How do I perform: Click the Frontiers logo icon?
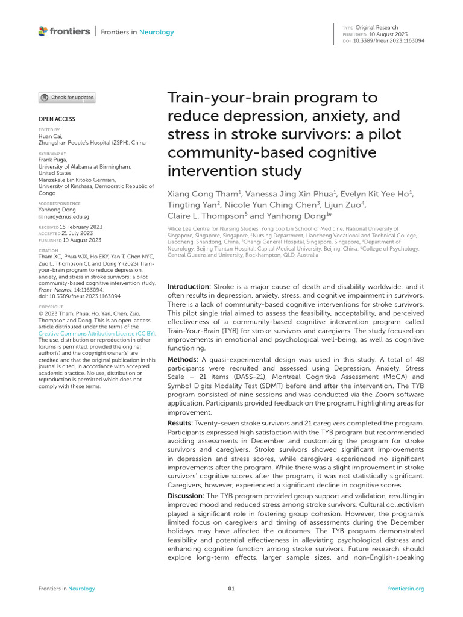click(x=42, y=31)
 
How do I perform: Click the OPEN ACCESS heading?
click(x=57, y=119)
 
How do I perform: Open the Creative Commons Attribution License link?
click(x=96, y=333)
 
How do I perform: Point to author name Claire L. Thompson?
click(x=207, y=215)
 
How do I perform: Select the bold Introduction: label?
click(x=189, y=287)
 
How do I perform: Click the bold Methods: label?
click(x=182, y=359)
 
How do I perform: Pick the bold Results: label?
click(x=180, y=424)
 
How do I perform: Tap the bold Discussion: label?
click(x=186, y=496)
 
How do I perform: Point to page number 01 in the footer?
click(x=231, y=589)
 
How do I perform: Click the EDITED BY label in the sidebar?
click(x=49, y=130)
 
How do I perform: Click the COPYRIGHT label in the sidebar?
click(x=51, y=307)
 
